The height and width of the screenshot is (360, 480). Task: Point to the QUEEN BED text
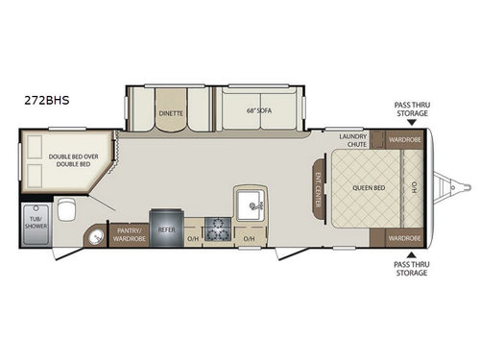(368, 186)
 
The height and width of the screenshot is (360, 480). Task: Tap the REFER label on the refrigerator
(164, 230)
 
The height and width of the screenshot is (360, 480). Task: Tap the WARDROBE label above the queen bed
(404, 140)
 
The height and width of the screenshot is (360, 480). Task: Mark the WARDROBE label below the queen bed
(404, 236)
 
